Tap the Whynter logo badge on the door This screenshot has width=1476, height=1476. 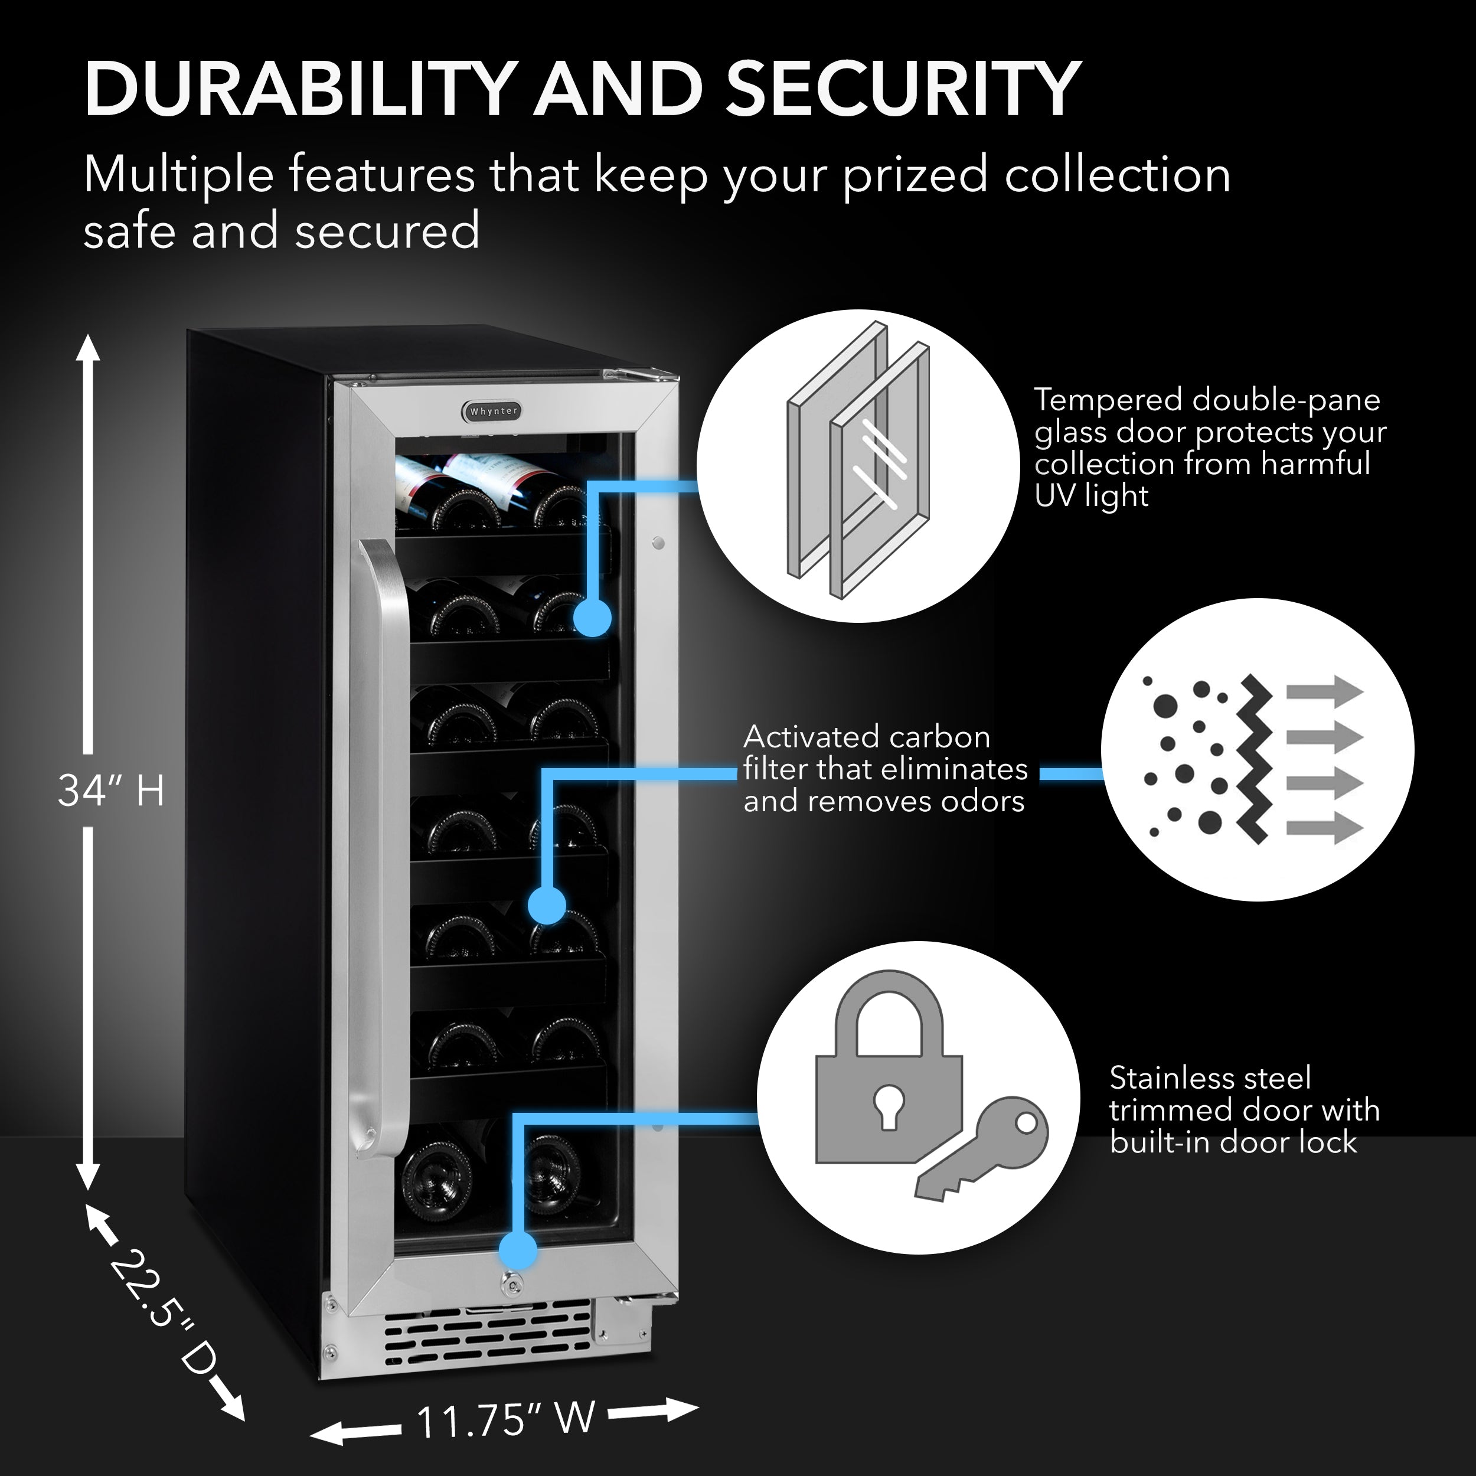[493, 410]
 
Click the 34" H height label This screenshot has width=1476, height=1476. [112, 790]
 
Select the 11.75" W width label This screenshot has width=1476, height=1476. [505, 1419]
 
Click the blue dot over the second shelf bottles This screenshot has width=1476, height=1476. [592, 618]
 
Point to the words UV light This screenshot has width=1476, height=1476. [1091, 497]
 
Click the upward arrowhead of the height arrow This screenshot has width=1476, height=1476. [88, 348]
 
